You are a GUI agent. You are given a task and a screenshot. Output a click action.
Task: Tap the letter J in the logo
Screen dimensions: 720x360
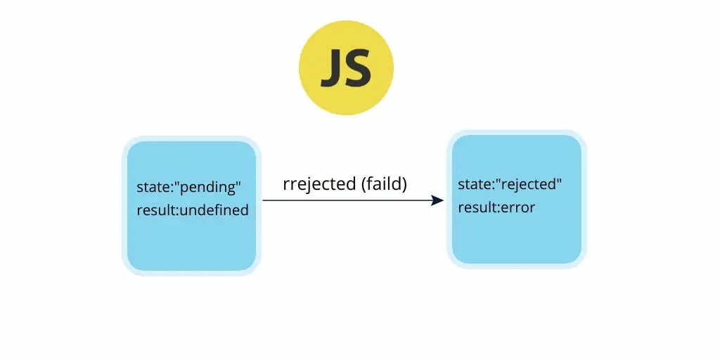tap(332, 69)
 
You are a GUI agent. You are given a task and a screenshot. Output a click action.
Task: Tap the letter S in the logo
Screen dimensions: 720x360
tap(359, 68)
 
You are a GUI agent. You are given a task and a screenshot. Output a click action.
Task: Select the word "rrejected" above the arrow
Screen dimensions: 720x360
tap(320, 184)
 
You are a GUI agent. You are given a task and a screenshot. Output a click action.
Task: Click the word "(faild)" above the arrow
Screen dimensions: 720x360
tap(384, 184)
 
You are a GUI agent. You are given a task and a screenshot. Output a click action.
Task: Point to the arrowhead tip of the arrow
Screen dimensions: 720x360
tap(444, 200)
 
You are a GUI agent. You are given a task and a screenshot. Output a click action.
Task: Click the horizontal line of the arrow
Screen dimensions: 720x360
tap(353, 200)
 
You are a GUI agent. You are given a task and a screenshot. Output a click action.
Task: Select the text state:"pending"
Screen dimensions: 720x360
tap(189, 187)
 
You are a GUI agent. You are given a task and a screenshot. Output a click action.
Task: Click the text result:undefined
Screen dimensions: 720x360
tap(193, 210)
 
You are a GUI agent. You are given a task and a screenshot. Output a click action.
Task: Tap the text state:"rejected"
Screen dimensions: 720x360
tap(510, 185)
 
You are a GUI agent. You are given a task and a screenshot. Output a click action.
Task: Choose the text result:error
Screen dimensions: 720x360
tap(496, 207)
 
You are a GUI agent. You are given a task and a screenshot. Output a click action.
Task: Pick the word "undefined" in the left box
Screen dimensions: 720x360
tap(214, 210)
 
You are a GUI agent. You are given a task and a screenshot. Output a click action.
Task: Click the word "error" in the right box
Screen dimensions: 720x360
tap(518, 208)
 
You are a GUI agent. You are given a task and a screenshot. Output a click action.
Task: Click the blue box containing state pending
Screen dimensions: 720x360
tap(191, 206)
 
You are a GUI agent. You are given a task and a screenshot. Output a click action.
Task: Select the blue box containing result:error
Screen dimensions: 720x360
tap(517, 199)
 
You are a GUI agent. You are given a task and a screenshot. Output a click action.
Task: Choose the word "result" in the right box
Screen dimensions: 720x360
tap(477, 207)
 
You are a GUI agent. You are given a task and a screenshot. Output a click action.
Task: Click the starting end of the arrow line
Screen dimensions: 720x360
tap(263, 200)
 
